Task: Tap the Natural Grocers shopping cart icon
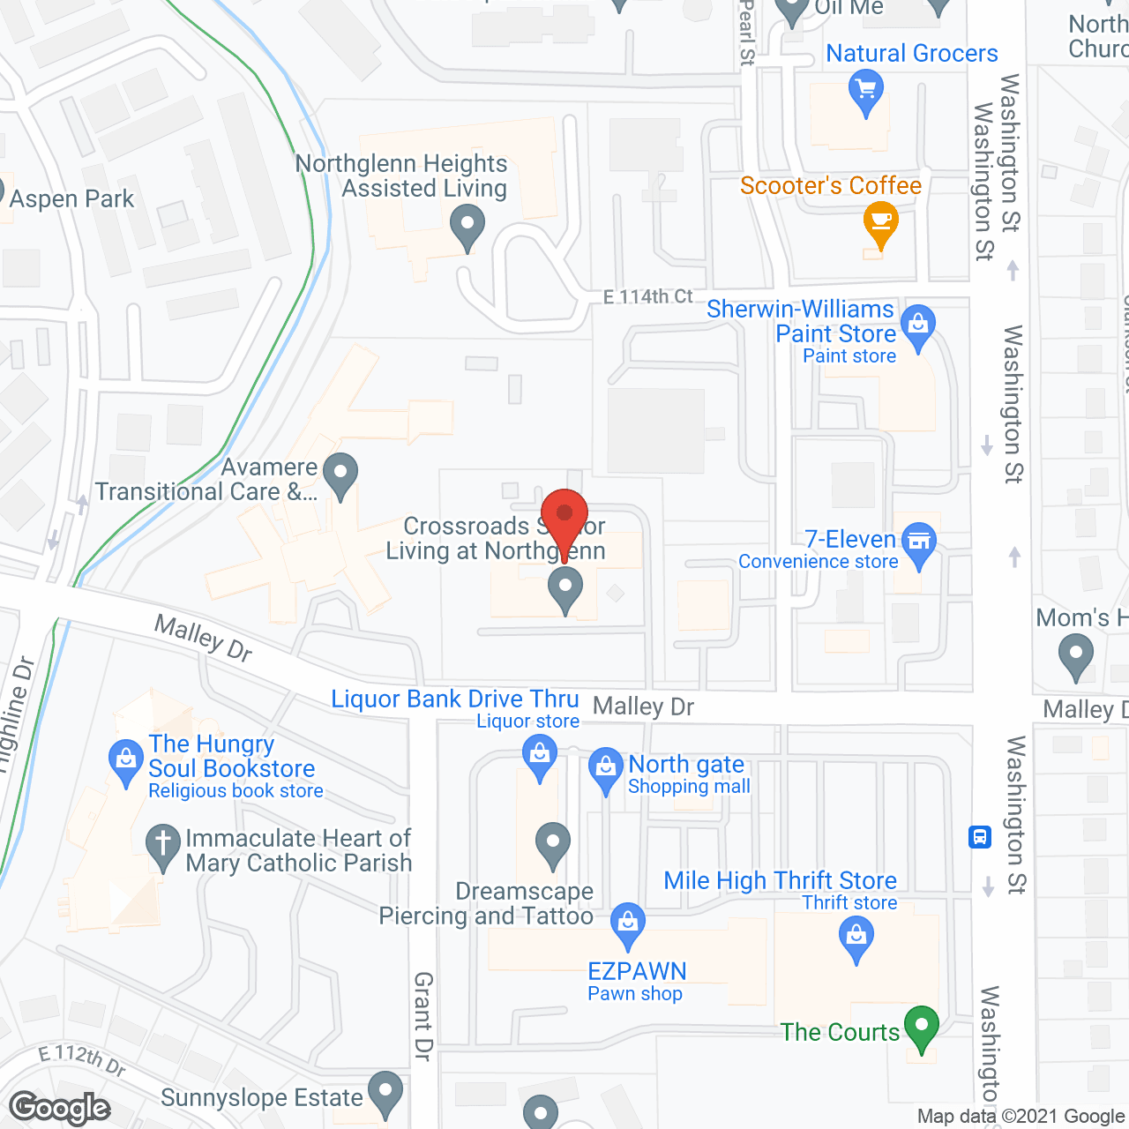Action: tap(865, 92)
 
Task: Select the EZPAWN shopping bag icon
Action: tap(628, 923)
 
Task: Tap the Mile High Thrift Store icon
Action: tap(856, 937)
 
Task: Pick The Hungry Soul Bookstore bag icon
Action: tap(125, 760)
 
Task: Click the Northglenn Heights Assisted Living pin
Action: tap(467, 226)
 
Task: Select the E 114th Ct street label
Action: tap(648, 296)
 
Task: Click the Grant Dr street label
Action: tap(423, 1016)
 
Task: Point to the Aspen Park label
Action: tap(72, 199)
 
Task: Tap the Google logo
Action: tap(60, 1108)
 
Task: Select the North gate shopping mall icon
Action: tap(606, 768)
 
